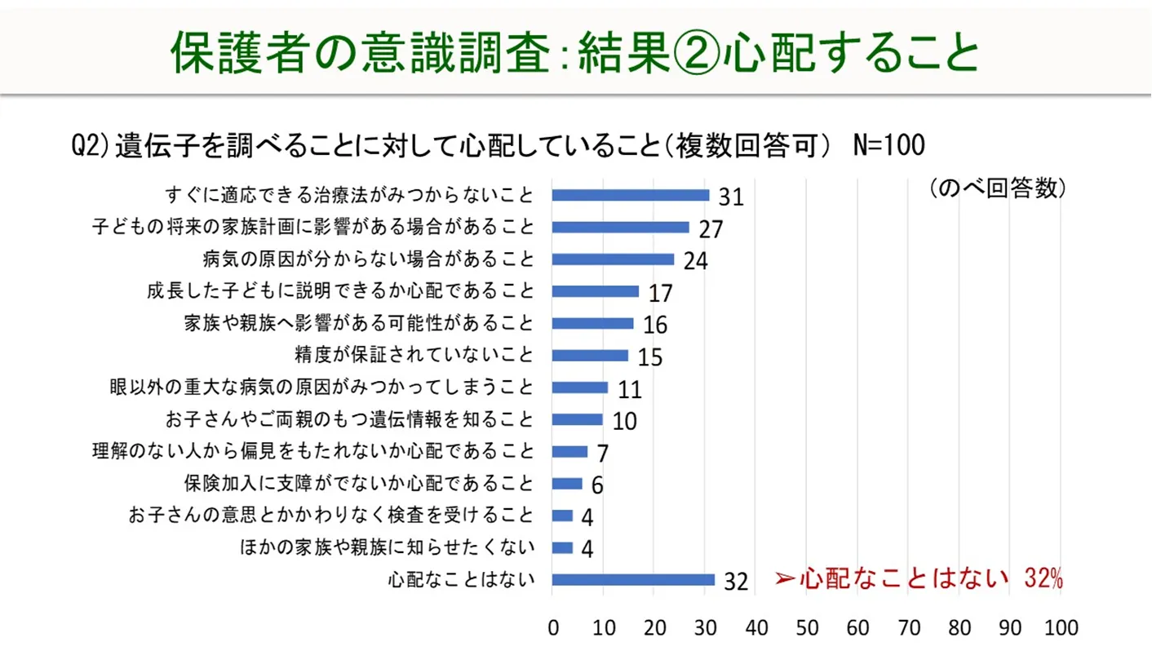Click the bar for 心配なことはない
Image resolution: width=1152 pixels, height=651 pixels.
633,580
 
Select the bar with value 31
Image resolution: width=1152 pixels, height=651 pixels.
631,195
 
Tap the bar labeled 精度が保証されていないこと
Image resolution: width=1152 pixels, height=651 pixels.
590,356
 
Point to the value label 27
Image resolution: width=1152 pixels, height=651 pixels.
711,229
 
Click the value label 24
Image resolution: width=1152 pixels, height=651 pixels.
695,261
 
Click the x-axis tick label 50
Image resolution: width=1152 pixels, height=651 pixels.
807,628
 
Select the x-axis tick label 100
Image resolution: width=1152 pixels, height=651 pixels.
1060,628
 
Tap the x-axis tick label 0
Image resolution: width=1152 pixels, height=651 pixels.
553,628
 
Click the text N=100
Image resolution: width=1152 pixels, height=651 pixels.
888,147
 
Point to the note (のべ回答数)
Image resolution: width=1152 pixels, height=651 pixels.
997,188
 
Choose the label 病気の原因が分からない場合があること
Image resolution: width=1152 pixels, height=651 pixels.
369,259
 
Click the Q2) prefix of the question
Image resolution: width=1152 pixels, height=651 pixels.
90,147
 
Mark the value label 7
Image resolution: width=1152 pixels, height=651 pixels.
602,454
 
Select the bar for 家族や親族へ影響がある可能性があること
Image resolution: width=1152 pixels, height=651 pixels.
593,323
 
